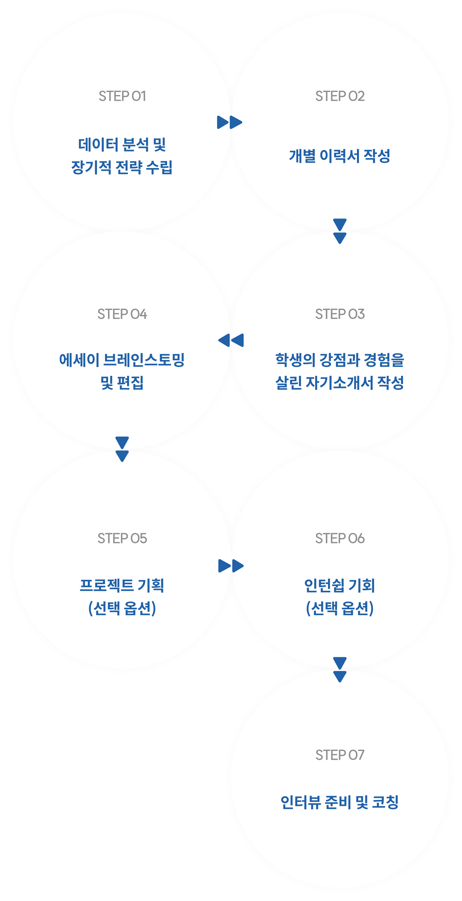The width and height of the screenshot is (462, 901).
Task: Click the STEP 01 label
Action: click(x=122, y=96)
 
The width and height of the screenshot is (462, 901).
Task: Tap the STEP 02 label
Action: click(x=340, y=96)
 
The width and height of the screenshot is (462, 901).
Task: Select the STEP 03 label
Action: click(x=340, y=314)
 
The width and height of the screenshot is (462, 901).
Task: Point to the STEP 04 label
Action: click(x=122, y=314)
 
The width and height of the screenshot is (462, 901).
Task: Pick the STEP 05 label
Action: click(x=122, y=538)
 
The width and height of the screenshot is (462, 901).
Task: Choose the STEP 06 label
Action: click(x=340, y=538)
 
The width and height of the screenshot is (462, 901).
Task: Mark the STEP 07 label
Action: click(x=340, y=755)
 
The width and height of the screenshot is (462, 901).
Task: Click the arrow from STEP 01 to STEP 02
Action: click(x=230, y=122)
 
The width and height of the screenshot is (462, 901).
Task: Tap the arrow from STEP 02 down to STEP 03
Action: click(x=340, y=231)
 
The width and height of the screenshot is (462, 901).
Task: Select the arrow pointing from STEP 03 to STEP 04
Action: click(x=231, y=340)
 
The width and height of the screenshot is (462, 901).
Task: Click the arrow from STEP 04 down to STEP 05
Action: click(x=122, y=449)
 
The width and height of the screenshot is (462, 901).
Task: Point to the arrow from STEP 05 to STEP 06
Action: click(x=231, y=566)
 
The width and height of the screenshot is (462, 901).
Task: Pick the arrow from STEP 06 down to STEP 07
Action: click(x=340, y=669)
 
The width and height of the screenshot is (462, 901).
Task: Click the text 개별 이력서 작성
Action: click(x=340, y=156)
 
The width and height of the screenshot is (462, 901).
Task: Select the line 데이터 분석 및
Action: click(x=122, y=144)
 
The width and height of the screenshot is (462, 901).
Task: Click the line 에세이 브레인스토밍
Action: click(x=122, y=360)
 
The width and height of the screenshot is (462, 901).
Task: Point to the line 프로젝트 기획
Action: click(x=122, y=585)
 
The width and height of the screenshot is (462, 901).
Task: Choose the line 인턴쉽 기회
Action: click(x=340, y=585)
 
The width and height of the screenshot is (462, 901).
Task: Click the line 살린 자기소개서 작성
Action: click(x=340, y=383)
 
